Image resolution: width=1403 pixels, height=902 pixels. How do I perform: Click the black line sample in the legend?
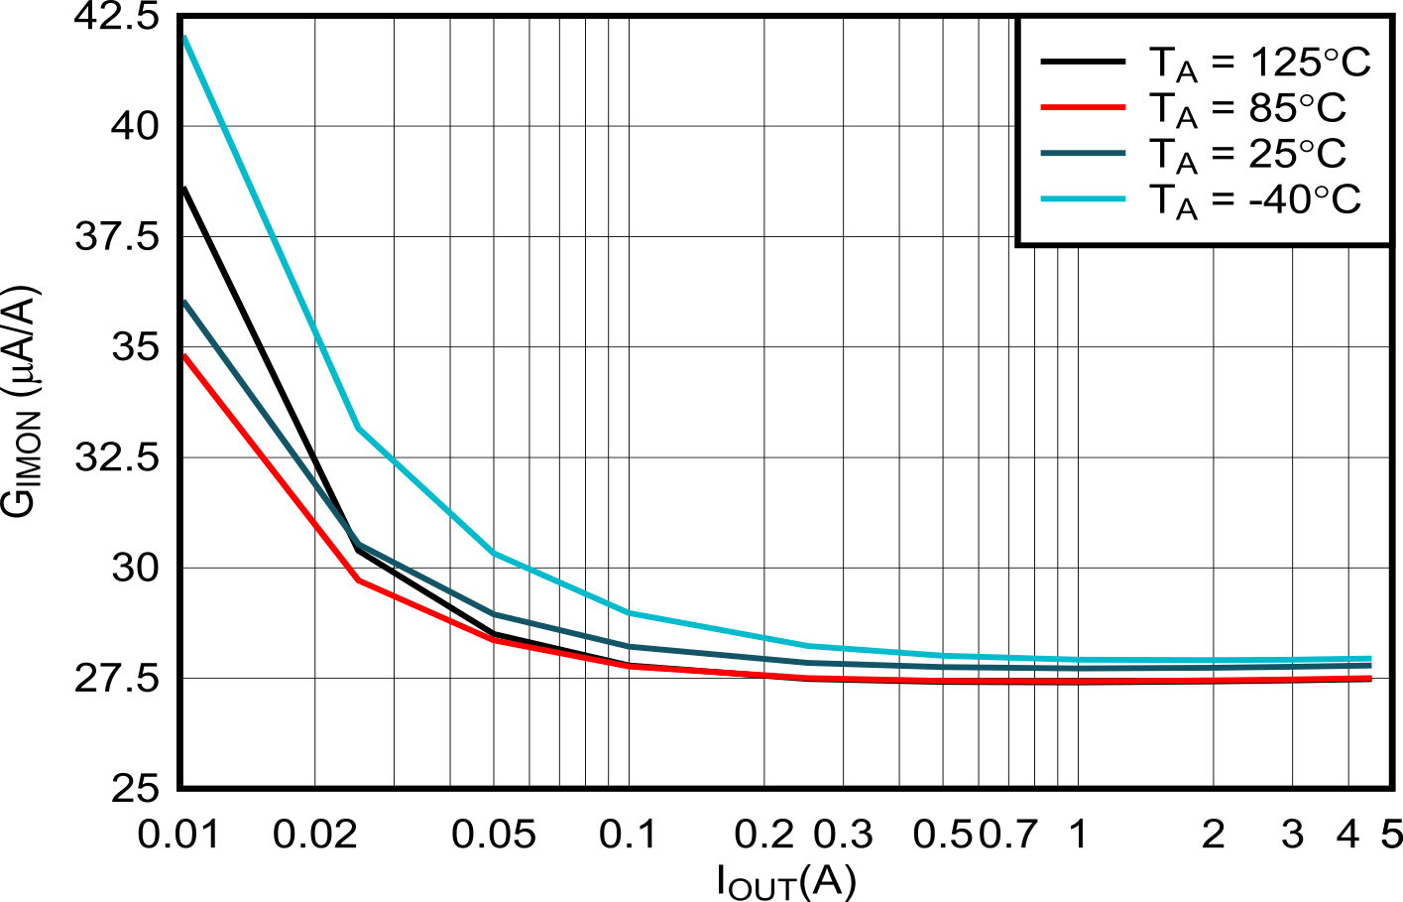pyautogui.click(x=1083, y=63)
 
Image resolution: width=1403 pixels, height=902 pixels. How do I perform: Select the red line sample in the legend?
pyautogui.click(x=1083, y=107)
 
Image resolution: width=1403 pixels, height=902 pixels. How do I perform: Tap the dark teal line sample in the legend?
pyautogui.click(x=1083, y=153)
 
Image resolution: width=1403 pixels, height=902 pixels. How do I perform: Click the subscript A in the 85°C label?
pyautogui.click(x=1187, y=118)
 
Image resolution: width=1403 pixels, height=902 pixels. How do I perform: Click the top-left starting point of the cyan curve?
pyautogui.click(x=185, y=40)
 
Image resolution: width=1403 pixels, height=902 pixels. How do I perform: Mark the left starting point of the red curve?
pyautogui.click(x=185, y=356)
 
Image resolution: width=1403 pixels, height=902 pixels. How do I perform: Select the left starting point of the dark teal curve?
pyautogui.click(x=185, y=303)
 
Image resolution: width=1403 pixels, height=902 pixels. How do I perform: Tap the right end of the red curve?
pyautogui.click(x=1369, y=678)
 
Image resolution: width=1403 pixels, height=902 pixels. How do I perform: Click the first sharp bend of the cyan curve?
pyautogui.click(x=359, y=429)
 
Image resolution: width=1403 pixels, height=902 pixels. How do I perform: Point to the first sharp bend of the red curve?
pyautogui.click(x=359, y=580)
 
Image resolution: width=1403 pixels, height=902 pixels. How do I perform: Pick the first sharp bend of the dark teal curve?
pyautogui.click(x=359, y=544)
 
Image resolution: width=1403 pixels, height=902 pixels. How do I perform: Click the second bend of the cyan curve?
pyautogui.click(x=494, y=552)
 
